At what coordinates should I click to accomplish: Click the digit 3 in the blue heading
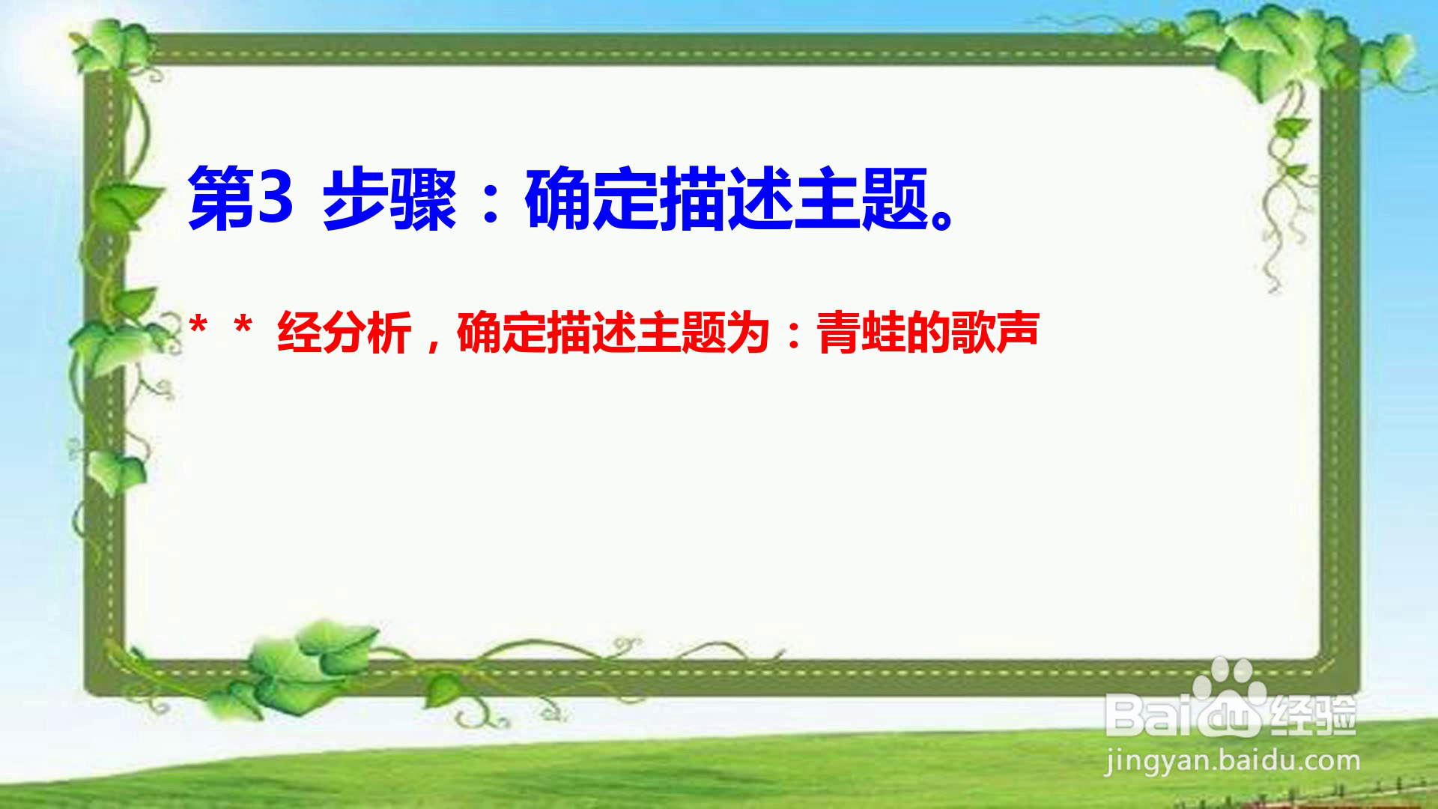click(273, 198)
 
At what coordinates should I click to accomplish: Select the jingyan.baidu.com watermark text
click(1233, 761)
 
